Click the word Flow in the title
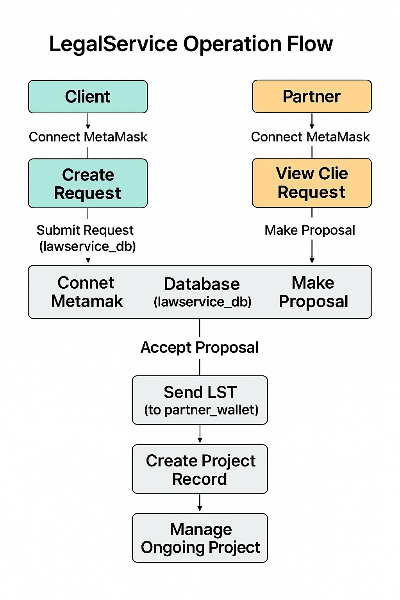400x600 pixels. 310,44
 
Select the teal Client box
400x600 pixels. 88,96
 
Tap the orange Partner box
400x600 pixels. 312,96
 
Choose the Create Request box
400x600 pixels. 88,183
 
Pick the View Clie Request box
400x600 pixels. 312,183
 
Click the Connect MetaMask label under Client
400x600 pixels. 88,137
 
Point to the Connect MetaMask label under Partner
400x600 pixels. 310,137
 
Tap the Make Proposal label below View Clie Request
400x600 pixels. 310,230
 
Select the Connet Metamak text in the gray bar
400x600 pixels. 87,292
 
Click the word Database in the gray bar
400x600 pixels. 202,284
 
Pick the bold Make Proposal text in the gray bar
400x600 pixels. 313,292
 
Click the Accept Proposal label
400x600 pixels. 200,347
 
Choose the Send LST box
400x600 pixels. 200,400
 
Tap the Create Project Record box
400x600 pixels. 200,469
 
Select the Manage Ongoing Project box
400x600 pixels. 200,538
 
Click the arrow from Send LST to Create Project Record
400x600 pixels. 200,434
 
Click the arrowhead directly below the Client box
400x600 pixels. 88,127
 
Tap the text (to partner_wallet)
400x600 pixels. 201,410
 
